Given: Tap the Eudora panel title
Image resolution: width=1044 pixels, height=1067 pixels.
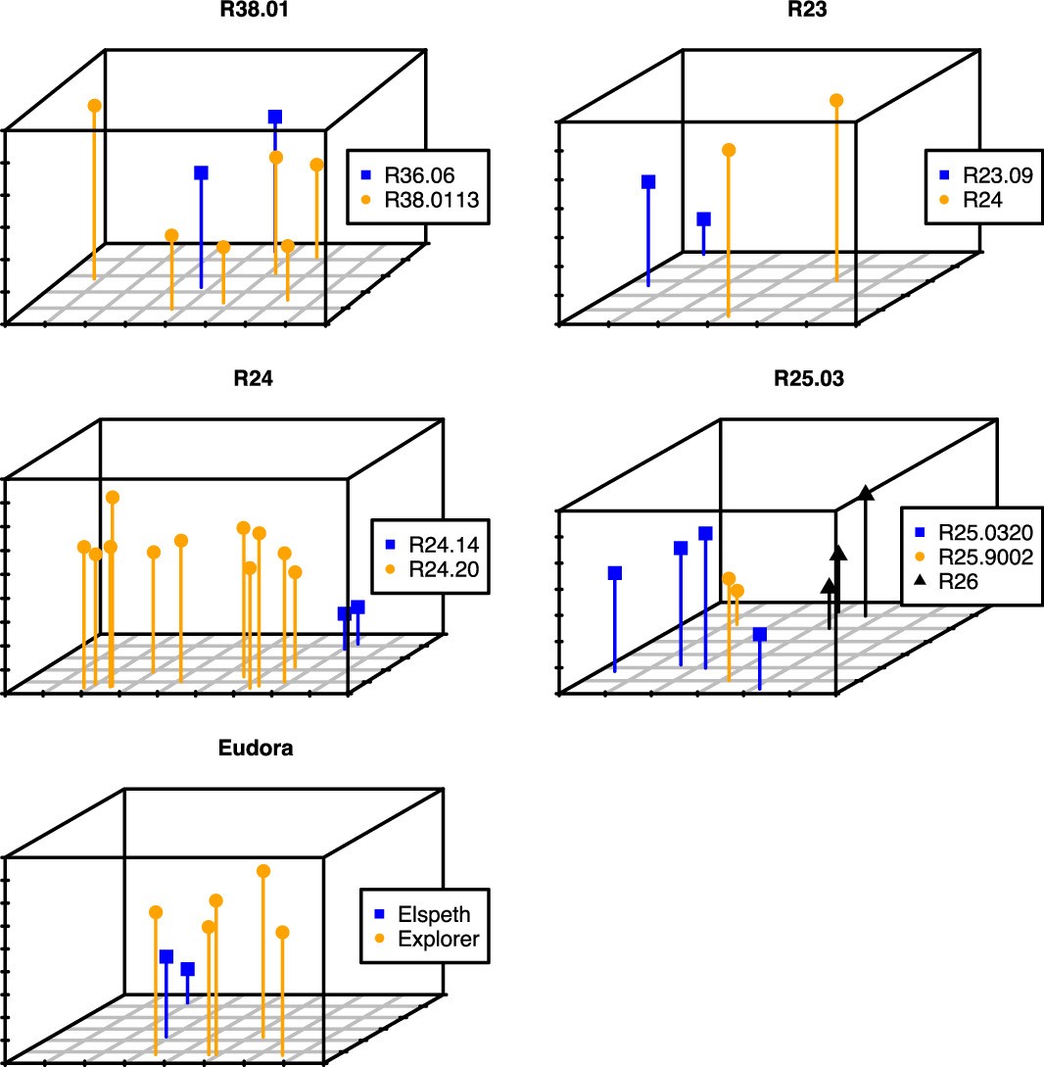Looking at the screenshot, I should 255,749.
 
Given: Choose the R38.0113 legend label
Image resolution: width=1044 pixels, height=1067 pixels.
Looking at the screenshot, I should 435,200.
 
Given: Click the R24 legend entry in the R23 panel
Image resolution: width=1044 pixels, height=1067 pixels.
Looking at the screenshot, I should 983,200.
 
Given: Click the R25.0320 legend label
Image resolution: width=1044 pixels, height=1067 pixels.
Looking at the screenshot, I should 984,533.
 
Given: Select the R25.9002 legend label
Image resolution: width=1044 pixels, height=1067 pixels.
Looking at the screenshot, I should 984,558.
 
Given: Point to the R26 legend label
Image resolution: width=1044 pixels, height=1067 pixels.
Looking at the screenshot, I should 960,582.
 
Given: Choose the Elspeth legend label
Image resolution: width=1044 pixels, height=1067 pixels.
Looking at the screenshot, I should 434,915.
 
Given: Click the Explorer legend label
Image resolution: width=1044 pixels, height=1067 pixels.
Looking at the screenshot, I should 438,940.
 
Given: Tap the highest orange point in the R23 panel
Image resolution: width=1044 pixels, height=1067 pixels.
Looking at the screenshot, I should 836,101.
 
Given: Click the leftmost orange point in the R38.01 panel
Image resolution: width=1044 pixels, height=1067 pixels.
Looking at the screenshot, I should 94,105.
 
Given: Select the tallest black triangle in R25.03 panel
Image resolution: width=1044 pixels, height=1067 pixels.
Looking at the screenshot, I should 866,492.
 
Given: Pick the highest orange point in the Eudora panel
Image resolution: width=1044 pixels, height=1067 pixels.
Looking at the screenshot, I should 263,870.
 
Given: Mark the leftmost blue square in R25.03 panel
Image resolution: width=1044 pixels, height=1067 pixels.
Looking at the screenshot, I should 615,573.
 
